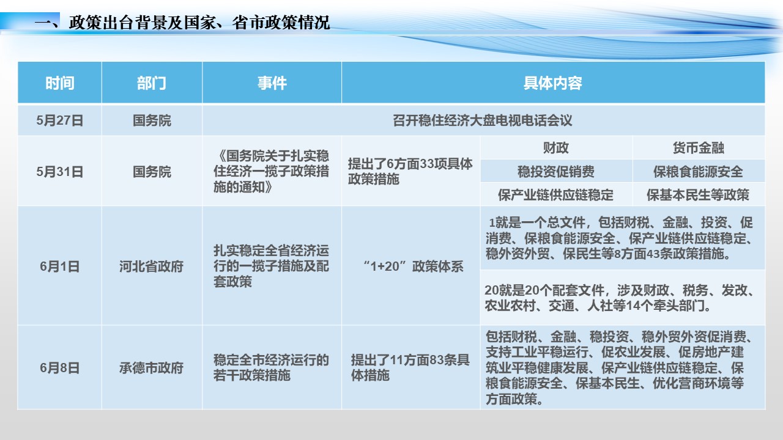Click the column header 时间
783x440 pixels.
[x=60, y=83]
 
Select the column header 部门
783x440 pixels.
[x=151, y=83]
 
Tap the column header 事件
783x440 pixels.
[x=272, y=83]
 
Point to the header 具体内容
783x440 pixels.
[x=552, y=83]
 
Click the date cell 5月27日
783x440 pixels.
[x=60, y=120]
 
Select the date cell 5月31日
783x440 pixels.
[x=60, y=172]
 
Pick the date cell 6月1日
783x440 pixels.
[x=60, y=266]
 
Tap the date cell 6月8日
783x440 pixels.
[x=60, y=367]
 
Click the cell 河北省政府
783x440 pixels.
[x=151, y=266]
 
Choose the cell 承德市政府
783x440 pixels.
[x=151, y=367]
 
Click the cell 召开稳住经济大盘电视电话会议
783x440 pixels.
[x=483, y=120]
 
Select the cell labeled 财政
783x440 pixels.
[x=556, y=148]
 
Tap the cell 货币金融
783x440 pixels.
[x=699, y=148]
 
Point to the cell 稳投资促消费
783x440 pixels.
[x=556, y=172]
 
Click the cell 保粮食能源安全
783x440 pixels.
[x=699, y=172]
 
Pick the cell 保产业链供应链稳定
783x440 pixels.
[x=556, y=195]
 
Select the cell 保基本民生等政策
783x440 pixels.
[x=699, y=195]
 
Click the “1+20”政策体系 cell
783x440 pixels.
[x=413, y=266]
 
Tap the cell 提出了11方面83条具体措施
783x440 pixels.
[x=410, y=367]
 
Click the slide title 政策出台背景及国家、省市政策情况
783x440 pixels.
[x=199, y=23]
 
